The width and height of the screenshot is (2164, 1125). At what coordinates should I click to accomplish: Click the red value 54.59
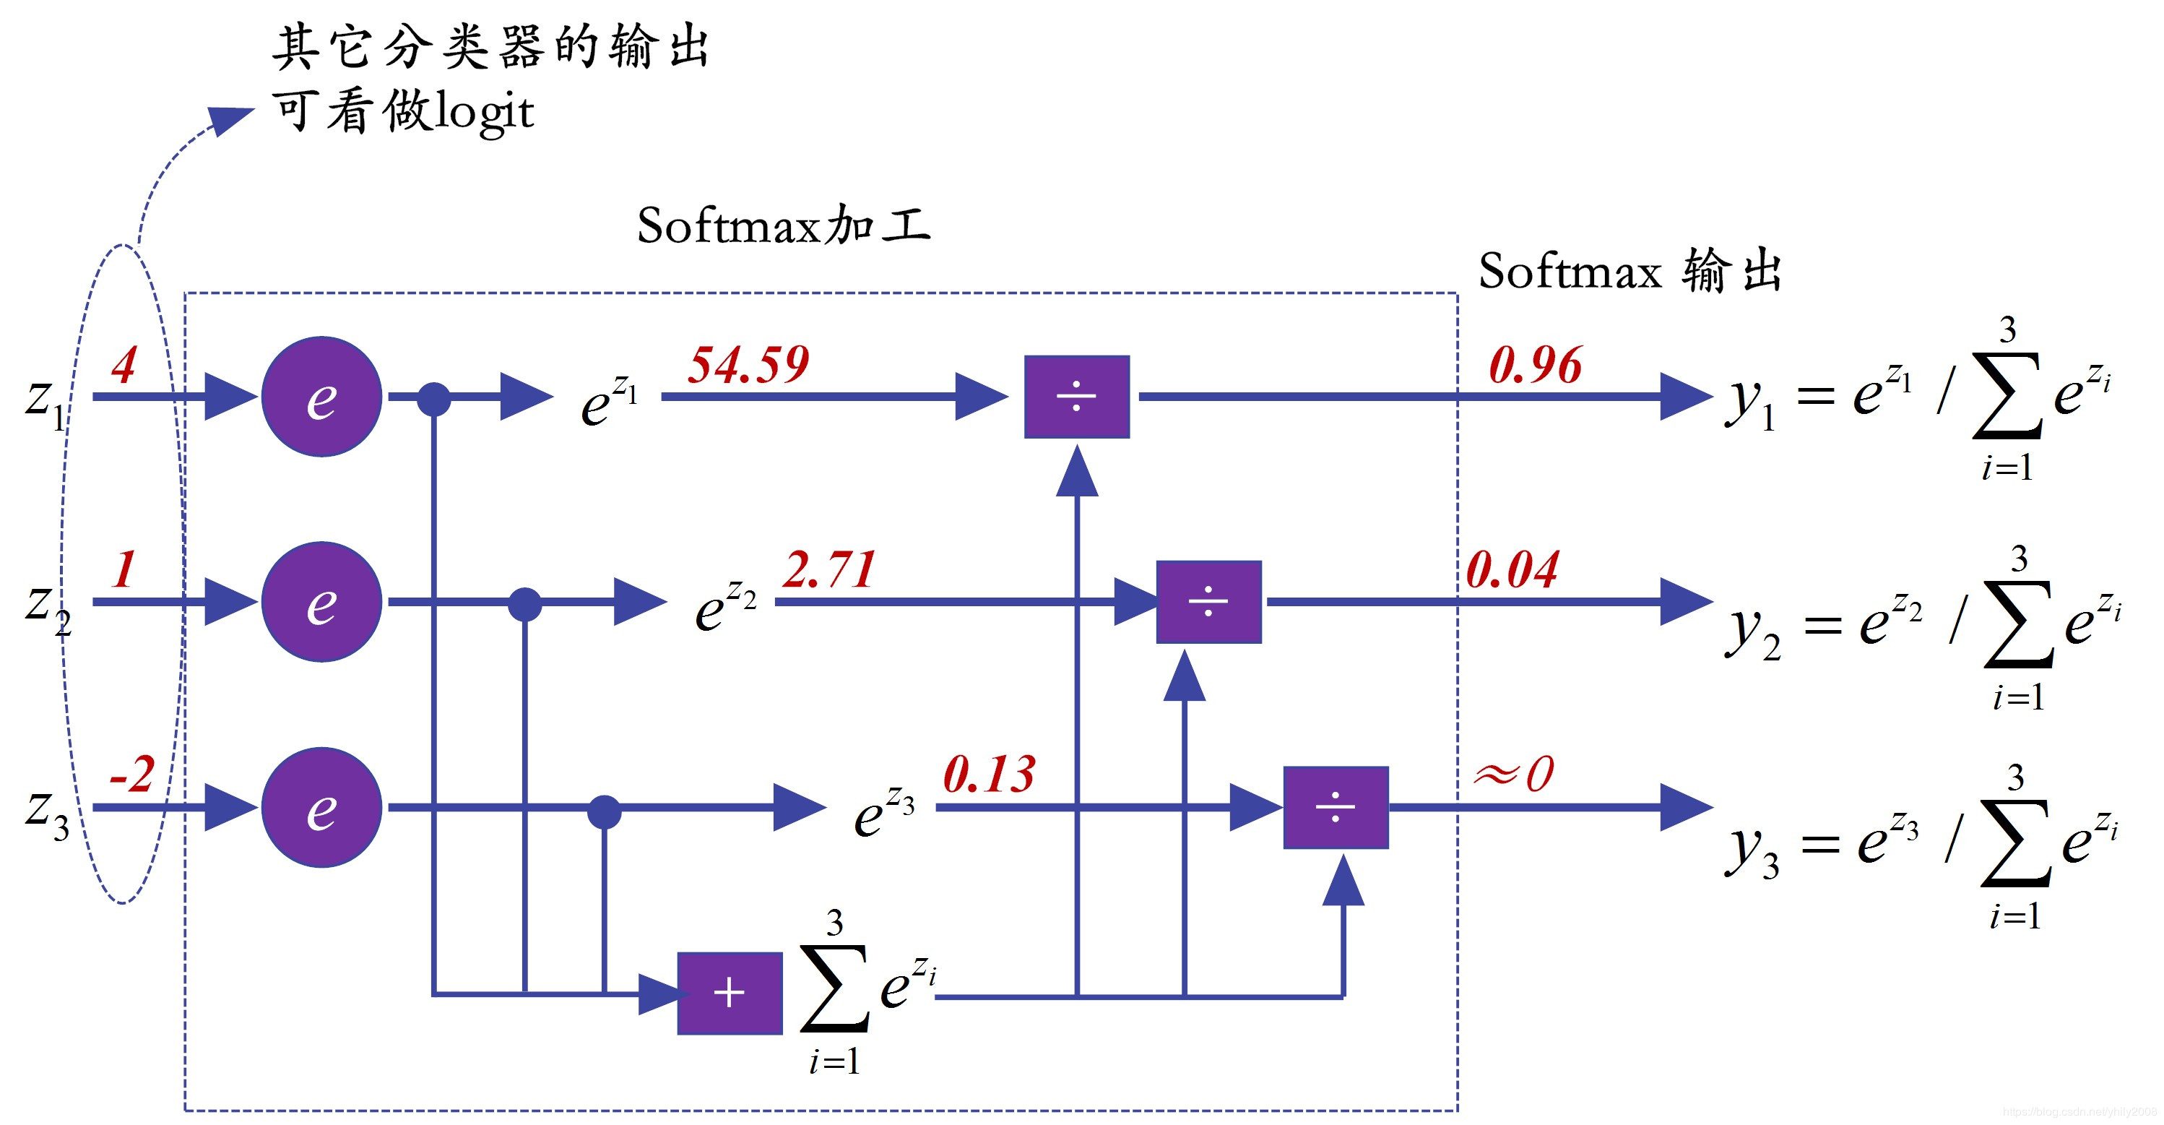click(x=748, y=366)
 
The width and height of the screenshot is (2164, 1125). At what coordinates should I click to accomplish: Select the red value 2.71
click(x=829, y=571)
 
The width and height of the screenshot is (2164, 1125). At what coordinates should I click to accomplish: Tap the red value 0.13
click(x=989, y=775)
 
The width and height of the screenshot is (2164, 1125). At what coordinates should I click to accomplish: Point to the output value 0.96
click(x=1535, y=366)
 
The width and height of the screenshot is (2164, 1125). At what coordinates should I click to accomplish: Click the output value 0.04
click(x=1512, y=571)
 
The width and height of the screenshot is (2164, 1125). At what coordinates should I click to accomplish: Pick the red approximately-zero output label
click(x=1514, y=774)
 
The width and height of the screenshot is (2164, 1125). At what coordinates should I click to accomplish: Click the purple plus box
click(x=730, y=993)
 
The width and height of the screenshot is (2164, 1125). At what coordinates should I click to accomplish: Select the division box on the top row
click(x=1076, y=397)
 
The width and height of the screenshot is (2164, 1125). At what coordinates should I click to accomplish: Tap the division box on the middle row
click(x=1208, y=602)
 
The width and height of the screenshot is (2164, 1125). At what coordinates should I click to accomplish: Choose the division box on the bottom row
click(x=1335, y=807)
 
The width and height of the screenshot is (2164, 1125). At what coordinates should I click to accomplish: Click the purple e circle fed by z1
click(x=321, y=397)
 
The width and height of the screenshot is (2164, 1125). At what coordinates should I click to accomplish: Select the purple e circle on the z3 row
click(x=321, y=807)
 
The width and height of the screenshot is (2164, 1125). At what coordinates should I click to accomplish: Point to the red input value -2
click(x=133, y=775)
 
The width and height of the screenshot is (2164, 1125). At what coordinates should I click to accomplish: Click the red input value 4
click(x=124, y=366)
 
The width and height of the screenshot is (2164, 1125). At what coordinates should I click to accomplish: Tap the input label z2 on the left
click(x=47, y=608)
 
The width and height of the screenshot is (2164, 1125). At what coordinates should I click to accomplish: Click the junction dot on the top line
click(x=433, y=398)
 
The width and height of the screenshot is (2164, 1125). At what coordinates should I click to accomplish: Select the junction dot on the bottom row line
click(x=604, y=811)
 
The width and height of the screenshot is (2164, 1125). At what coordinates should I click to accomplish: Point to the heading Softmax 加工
click(x=783, y=226)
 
